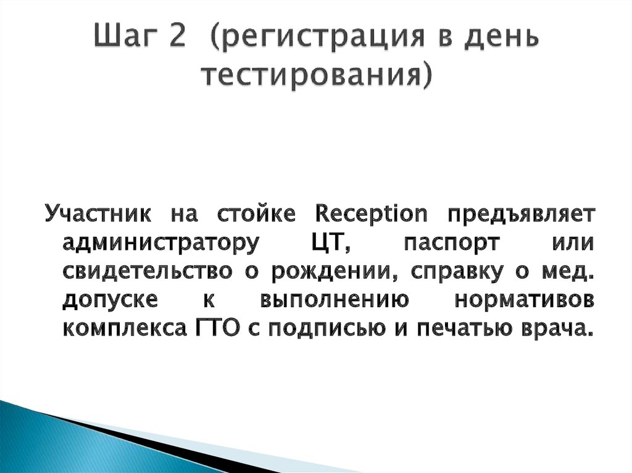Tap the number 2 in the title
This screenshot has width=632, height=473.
click(x=175, y=38)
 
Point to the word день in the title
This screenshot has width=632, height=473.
click(x=493, y=38)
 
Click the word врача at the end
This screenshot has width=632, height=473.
click(x=559, y=330)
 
